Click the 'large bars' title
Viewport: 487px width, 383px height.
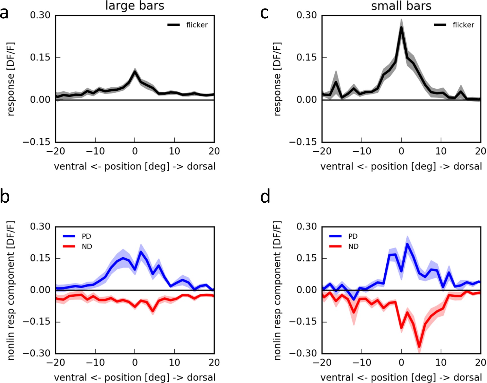pyautogui.click(x=135, y=6)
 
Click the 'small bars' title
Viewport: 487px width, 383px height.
pyautogui.click(x=401, y=6)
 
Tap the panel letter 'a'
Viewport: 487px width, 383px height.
pyautogui.click(x=4, y=13)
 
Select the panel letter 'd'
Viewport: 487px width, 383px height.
pyautogui.click(x=265, y=196)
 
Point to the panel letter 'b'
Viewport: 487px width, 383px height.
pyautogui.click(x=5, y=196)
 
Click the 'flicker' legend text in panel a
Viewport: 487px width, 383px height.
pyautogui.click(x=197, y=25)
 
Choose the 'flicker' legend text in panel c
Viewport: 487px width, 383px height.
pyautogui.click(x=463, y=25)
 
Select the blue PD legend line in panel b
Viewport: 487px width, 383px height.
pyautogui.click(x=69, y=236)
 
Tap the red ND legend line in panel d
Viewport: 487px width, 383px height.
pyautogui.click(x=336, y=247)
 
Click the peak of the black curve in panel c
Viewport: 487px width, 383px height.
pyautogui.click(x=401, y=28)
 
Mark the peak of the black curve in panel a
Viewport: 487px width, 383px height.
pyautogui.click(x=135, y=72)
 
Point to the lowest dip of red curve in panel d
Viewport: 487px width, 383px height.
pyautogui.click(x=419, y=346)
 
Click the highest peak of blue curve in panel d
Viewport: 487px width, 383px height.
pyautogui.click(x=407, y=244)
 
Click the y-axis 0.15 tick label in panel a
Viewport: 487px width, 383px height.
pyautogui.click(x=40, y=57)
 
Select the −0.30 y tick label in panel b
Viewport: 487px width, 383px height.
pyautogui.click(x=36, y=353)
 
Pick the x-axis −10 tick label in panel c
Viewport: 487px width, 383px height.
pyautogui.click(x=362, y=151)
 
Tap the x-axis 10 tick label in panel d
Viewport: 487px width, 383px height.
pyautogui.click(x=441, y=363)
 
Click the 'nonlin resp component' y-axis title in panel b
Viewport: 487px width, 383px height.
pyautogui.click(x=11, y=290)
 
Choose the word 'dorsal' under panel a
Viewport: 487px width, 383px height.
pyautogui.click(x=201, y=167)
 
